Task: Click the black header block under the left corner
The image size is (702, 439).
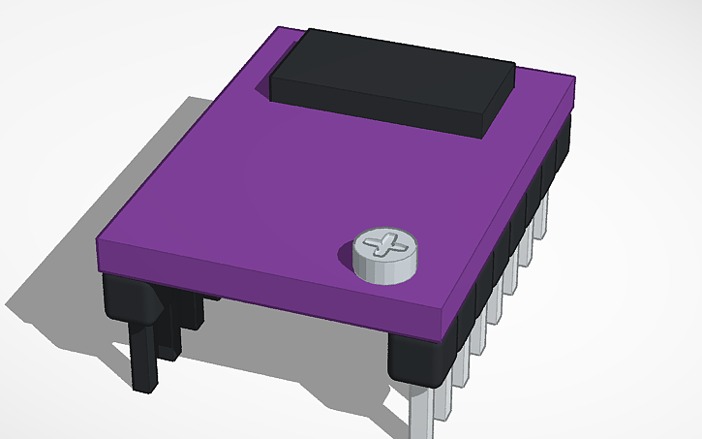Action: click(x=131, y=296)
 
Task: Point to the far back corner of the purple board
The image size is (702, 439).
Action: click(x=279, y=29)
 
